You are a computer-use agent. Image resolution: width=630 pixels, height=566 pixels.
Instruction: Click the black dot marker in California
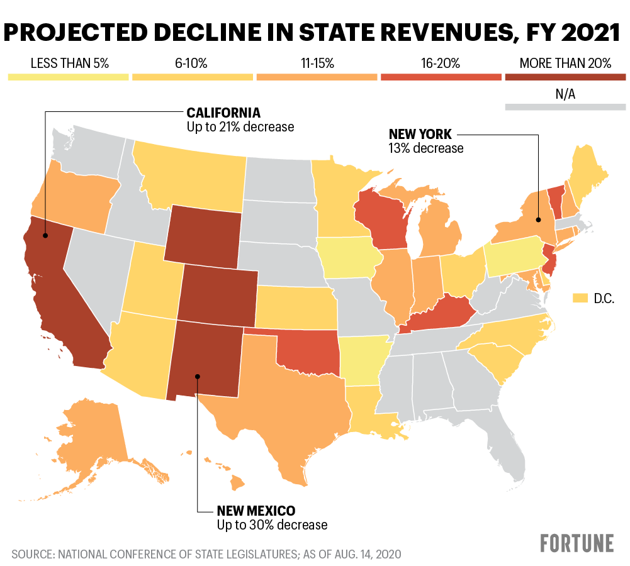click(x=45, y=236)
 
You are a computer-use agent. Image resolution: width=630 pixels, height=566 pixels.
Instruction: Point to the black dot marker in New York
click(x=539, y=219)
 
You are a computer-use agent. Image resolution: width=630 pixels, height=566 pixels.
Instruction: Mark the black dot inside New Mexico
click(x=198, y=377)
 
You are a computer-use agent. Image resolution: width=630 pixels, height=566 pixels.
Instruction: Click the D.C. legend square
click(x=580, y=297)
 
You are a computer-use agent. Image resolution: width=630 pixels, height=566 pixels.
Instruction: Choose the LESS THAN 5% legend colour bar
click(x=68, y=77)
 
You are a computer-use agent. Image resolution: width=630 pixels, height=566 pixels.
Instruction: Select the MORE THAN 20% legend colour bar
click(x=565, y=77)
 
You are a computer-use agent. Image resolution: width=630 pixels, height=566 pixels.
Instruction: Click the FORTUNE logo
click(x=577, y=542)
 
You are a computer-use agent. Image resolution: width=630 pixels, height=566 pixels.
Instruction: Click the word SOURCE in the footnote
click(x=32, y=555)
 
